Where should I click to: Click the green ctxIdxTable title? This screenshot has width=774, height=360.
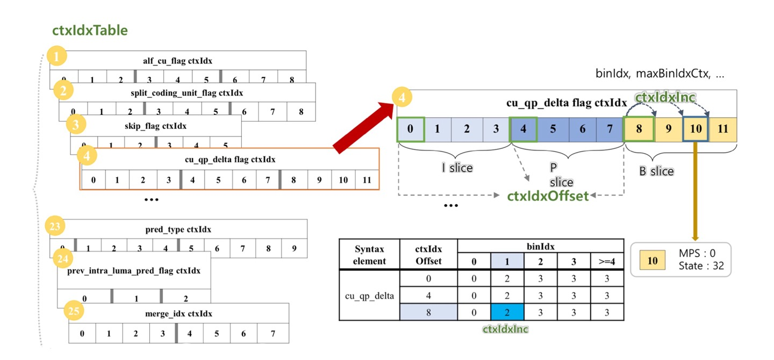[x=90, y=30]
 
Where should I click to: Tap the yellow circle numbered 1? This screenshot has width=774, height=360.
[x=57, y=56]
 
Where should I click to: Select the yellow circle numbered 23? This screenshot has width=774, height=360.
[x=54, y=227]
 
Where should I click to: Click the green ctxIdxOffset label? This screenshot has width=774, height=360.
[x=548, y=196]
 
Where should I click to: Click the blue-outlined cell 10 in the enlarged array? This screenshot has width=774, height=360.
[x=696, y=129]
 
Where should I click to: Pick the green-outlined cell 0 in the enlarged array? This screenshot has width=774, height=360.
[x=410, y=129]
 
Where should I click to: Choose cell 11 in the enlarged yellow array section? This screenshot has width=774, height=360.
[x=723, y=129]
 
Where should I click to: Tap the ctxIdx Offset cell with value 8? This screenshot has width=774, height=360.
[x=428, y=311]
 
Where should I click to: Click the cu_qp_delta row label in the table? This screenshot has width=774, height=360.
[x=369, y=295]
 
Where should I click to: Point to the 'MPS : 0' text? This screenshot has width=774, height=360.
[x=698, y=253]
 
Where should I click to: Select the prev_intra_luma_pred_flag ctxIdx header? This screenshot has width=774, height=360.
[x=134, y=270]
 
